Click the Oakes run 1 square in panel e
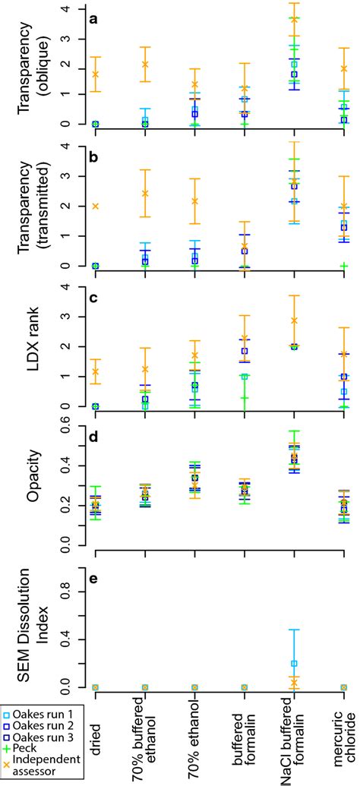294,663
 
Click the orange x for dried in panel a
95,74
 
